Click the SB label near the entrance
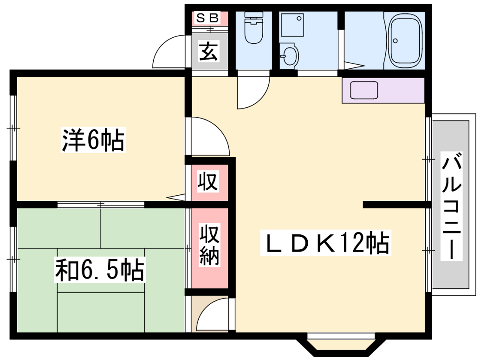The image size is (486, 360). tap(209, 18)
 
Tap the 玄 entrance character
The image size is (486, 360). tap(209, 52)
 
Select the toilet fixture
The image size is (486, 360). tap(253, 29)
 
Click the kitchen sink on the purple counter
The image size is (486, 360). tap(362, 91)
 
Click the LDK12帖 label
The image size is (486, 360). tap(326, 242)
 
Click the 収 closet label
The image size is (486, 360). tap(208, 182)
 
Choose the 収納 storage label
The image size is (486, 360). tap(208, 243)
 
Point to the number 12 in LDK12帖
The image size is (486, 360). tap(352, 242)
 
